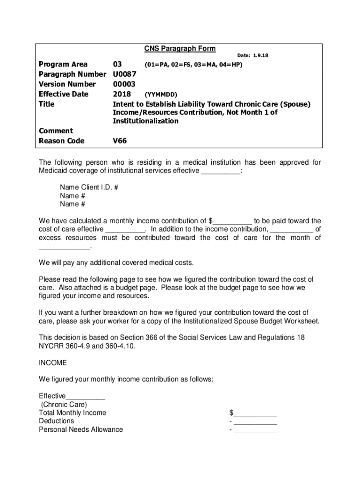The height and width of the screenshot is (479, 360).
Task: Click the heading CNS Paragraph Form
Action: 180,49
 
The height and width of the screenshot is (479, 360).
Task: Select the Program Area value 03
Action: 118,65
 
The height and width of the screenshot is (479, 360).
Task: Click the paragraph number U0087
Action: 124,74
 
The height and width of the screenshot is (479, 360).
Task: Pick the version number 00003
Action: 124,84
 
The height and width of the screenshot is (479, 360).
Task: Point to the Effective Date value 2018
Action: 122,94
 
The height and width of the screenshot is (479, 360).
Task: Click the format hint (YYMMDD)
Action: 160,94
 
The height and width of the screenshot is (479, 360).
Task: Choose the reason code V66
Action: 120,141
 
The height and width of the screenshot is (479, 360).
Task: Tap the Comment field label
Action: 56,131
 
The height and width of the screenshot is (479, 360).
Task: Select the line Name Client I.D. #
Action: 89,187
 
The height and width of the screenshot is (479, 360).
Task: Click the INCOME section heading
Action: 53,363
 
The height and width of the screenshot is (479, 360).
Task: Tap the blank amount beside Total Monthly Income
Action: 255,413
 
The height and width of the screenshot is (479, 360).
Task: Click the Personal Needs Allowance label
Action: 81,429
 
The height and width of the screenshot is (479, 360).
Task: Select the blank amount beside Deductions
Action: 255,421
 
